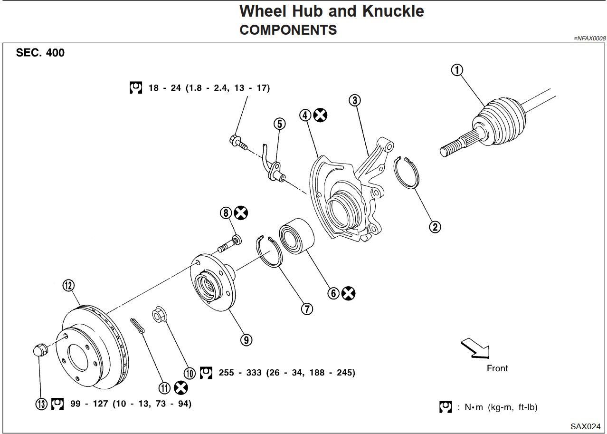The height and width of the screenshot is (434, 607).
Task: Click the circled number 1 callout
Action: pos(456,70)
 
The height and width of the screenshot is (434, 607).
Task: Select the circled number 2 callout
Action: pos(435,227)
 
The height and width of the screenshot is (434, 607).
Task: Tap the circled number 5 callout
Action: pos(280,124)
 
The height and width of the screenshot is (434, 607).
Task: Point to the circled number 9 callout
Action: pos(246,339)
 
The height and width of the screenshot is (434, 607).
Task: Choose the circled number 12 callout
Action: pos(68,285)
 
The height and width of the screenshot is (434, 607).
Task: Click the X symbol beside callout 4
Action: pos(321,115)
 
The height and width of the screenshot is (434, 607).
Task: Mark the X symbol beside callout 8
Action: pos(241,213)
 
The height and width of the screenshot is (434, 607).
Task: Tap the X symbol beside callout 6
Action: pos(349,293)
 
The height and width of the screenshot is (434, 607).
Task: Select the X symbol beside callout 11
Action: pos(180,388)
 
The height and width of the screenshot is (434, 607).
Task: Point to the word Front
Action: pos(497,368)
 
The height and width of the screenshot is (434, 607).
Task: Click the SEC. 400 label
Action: pos(40,53)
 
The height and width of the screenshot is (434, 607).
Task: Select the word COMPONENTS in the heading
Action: pos(288,30)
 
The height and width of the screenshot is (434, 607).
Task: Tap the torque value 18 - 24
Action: pos(162,88)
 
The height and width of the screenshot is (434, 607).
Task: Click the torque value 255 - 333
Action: pos(240,373)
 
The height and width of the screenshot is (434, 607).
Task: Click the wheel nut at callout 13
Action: pos(41,350)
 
